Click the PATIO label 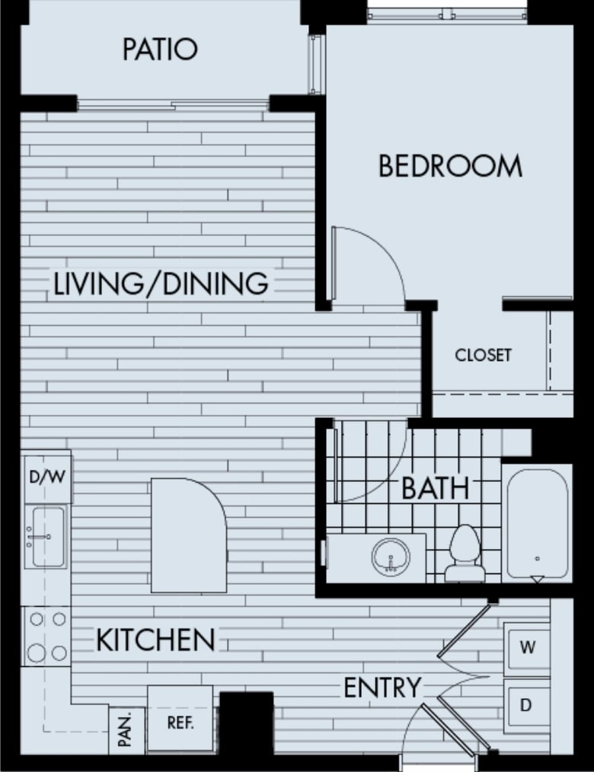pos(160,49)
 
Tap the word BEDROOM pos(450,166)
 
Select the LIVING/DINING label pos(161,284)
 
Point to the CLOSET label pos(483,356)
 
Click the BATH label pos(435,489)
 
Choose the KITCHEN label pos(155,640)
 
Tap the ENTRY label pos(382,687)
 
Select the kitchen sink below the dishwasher pos(46,536)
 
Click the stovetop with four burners pos(46,636)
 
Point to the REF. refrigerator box pos(180,722)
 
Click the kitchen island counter pos(188,535)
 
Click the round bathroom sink pos(391,556)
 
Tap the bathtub pos(536,524)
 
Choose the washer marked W pos(526,648)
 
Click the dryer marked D pos(526,705)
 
